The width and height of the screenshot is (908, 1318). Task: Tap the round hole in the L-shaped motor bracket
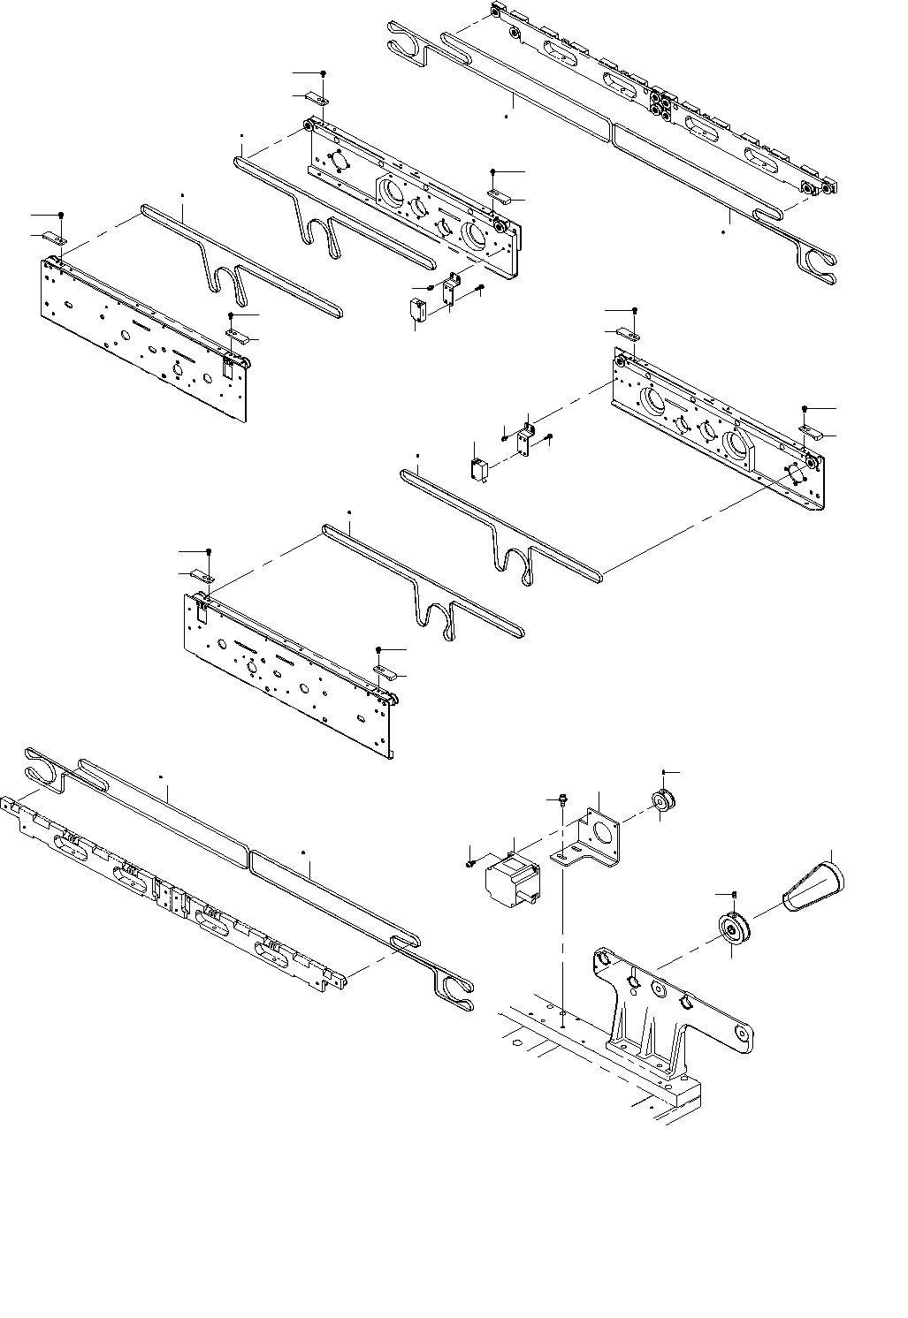pos(606,831)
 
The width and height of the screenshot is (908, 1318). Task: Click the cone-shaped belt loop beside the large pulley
pos(813,883)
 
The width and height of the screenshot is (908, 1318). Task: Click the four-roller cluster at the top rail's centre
pos(660,102)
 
